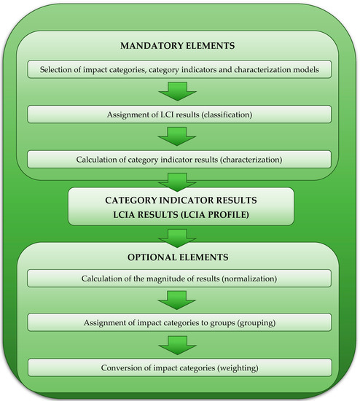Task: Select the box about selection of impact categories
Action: coord(179,69)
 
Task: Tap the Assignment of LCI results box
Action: coord(179,114)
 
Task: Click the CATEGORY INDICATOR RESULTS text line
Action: coord(179,199)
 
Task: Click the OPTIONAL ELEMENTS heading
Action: coord(179,257)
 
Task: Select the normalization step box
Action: coord(179,278)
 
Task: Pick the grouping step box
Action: coord(179,323)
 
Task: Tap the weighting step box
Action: coord(179,367)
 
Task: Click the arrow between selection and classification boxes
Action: coord(179,92)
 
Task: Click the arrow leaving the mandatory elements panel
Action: coord(179,180)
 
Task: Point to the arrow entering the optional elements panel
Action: coord(179,235)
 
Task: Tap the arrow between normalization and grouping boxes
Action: coord(179,300)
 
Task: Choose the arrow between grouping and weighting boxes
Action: coord(179,345)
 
